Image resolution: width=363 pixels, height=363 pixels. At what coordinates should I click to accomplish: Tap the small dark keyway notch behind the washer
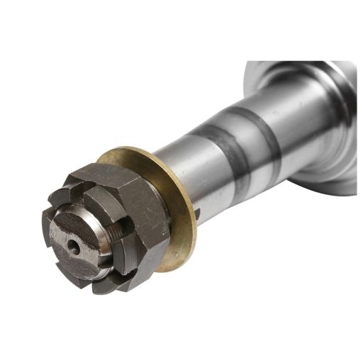pyautogui.click(x=197, y=211)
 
